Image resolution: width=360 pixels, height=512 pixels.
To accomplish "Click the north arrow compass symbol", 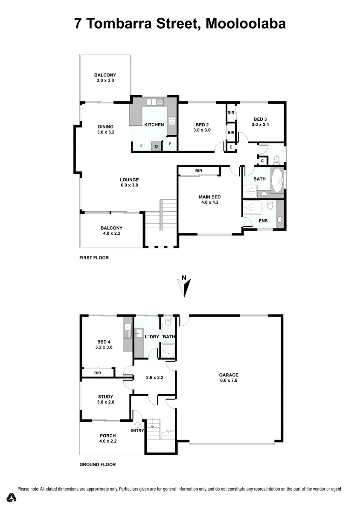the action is pyautogui.click(x=184, y=287).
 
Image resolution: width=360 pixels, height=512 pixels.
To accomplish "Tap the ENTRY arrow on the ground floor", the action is pyautogui.click(x=138, y=425).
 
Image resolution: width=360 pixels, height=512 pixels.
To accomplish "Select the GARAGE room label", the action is pyautogui.click(x=229, y=375).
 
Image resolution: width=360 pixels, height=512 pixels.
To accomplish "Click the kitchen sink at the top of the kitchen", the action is pyautogui.click(x=155, y=102).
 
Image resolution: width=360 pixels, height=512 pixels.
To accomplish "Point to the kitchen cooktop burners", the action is pyautogui.click(x=172, y=121).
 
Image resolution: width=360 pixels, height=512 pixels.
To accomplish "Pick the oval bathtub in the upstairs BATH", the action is pyautogui.click(x=278, y=180).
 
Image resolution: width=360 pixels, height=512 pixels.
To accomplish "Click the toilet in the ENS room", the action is pyautogui.click(x=270, y=205).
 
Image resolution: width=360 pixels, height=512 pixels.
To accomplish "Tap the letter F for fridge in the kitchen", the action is pyautogui.click(x=142, y=146).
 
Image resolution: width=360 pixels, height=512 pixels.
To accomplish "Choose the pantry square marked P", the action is pyautogui.click(x=170, y=144).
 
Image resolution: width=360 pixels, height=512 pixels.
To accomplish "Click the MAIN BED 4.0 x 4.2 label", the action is pyautogui.click(x=209, y=200).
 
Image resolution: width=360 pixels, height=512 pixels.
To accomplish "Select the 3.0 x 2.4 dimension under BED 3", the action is pyautogui.click(x=260, y=125).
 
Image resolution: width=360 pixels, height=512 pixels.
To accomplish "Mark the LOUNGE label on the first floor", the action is pyautogui.click(x=129, y=180).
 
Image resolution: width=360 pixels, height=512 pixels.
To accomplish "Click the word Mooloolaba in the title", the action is pyautogui.click(x=246, y=24).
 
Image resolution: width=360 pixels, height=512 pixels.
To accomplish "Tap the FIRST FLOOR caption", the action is pyautogui.click(x=94, y=258).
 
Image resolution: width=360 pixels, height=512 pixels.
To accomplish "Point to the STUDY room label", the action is pyautogui.click(x=106, y=396).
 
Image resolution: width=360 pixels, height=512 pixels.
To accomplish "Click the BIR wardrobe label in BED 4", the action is pyautogui.click(x=98, y=373).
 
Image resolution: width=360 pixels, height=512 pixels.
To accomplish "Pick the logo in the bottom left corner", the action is pyautogui.click(x=11, y=497).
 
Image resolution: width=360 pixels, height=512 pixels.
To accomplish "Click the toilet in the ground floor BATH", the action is pyautogui.click(x=168, y=322).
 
